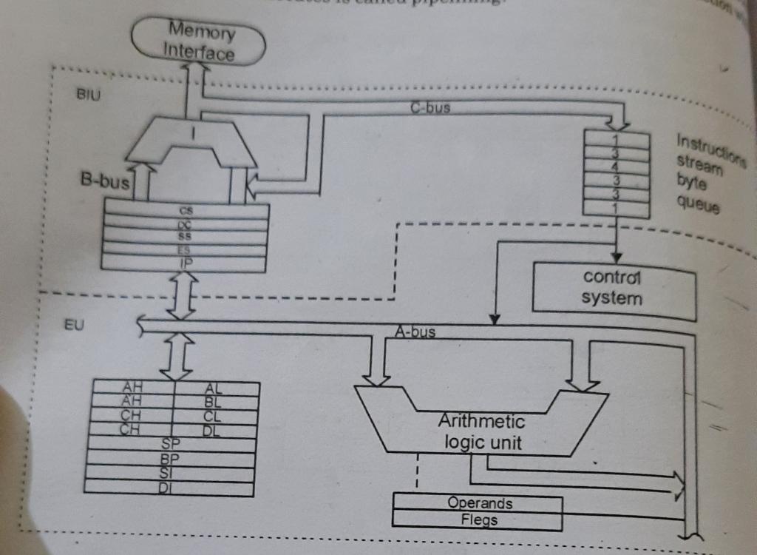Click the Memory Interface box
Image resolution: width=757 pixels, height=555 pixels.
pos(199,42)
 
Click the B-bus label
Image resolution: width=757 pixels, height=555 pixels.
pos(104,182)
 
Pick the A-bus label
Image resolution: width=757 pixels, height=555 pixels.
pos(415,332)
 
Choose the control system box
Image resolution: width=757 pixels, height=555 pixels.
pos(613,289)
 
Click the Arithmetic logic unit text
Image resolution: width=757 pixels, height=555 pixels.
pos(481,432)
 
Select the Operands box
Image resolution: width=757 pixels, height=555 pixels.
pos(479,503)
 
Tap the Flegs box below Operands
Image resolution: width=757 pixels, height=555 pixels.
pos(479,519)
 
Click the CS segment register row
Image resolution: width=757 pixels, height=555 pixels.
pos(186,210)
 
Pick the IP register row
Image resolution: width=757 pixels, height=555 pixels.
pos(184,263)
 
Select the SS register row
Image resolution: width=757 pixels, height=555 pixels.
pos(185,236)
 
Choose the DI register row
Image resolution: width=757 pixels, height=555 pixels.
pos(169,488)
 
